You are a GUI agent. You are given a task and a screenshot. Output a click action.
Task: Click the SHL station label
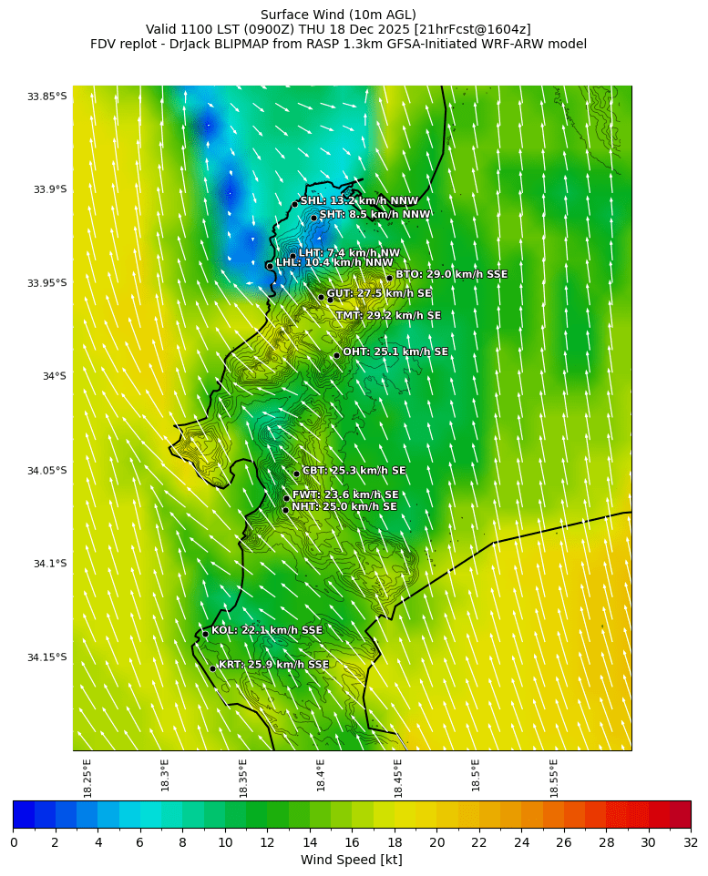point(359,200)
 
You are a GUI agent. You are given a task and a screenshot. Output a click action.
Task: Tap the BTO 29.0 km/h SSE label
point(451,274)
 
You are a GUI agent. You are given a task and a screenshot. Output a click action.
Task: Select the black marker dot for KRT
point(212,668)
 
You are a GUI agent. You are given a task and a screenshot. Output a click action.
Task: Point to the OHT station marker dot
point(336,355)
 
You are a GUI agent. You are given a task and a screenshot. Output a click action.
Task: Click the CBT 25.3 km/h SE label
point(354,471)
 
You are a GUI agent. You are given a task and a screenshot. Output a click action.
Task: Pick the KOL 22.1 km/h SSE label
point(266,630)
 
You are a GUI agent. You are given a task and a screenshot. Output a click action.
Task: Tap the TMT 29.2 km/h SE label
point(387,316)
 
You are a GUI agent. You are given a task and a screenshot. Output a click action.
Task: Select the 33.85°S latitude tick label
point(46,97)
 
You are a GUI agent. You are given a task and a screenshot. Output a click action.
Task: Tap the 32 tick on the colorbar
point(691,842)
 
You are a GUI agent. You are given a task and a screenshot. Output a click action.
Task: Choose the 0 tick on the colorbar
point(14,842)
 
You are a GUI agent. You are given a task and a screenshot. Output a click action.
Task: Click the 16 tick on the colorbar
point(352,842)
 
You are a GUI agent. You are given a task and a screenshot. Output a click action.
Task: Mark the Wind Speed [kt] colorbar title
point(351,860)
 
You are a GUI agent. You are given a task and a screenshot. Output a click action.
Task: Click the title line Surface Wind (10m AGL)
point(338,15)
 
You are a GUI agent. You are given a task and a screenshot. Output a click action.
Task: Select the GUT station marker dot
point(321,297)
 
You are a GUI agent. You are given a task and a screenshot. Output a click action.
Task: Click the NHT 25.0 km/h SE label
point(344,506)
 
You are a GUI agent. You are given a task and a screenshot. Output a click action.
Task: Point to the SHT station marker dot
point(313,218)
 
